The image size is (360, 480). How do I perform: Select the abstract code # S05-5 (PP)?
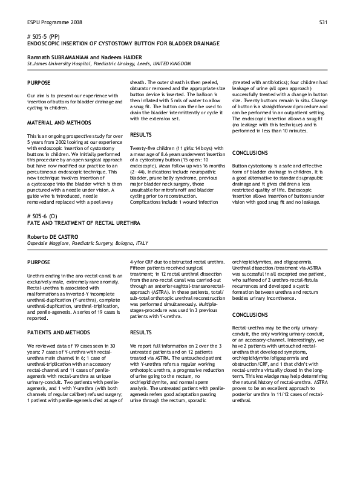click(44, 37)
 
